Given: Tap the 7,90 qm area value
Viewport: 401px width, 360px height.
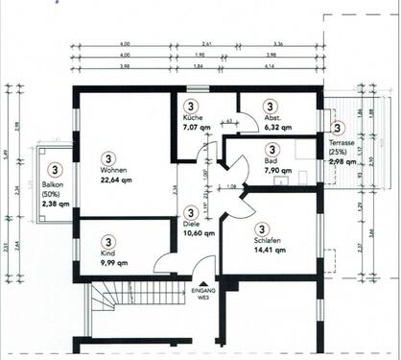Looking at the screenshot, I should (x=272, y=172).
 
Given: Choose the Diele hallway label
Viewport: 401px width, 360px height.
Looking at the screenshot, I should (x=193, y=223).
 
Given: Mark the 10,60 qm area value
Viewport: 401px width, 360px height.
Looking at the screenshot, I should (x=199, y=231).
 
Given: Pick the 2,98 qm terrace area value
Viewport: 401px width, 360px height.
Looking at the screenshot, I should (x=341, y=162).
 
